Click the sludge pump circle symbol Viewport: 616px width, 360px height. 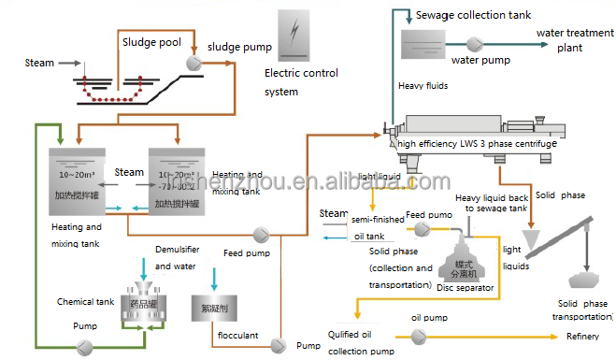[193, 62]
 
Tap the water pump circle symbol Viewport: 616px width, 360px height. [473, 43]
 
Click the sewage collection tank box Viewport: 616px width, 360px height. [428, 43]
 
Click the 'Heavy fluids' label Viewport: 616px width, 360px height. [423, 86]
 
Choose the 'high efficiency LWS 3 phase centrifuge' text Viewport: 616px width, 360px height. [477, 144]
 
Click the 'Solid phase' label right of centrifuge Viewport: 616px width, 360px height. [561, 194]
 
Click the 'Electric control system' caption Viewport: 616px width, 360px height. [301, 82]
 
